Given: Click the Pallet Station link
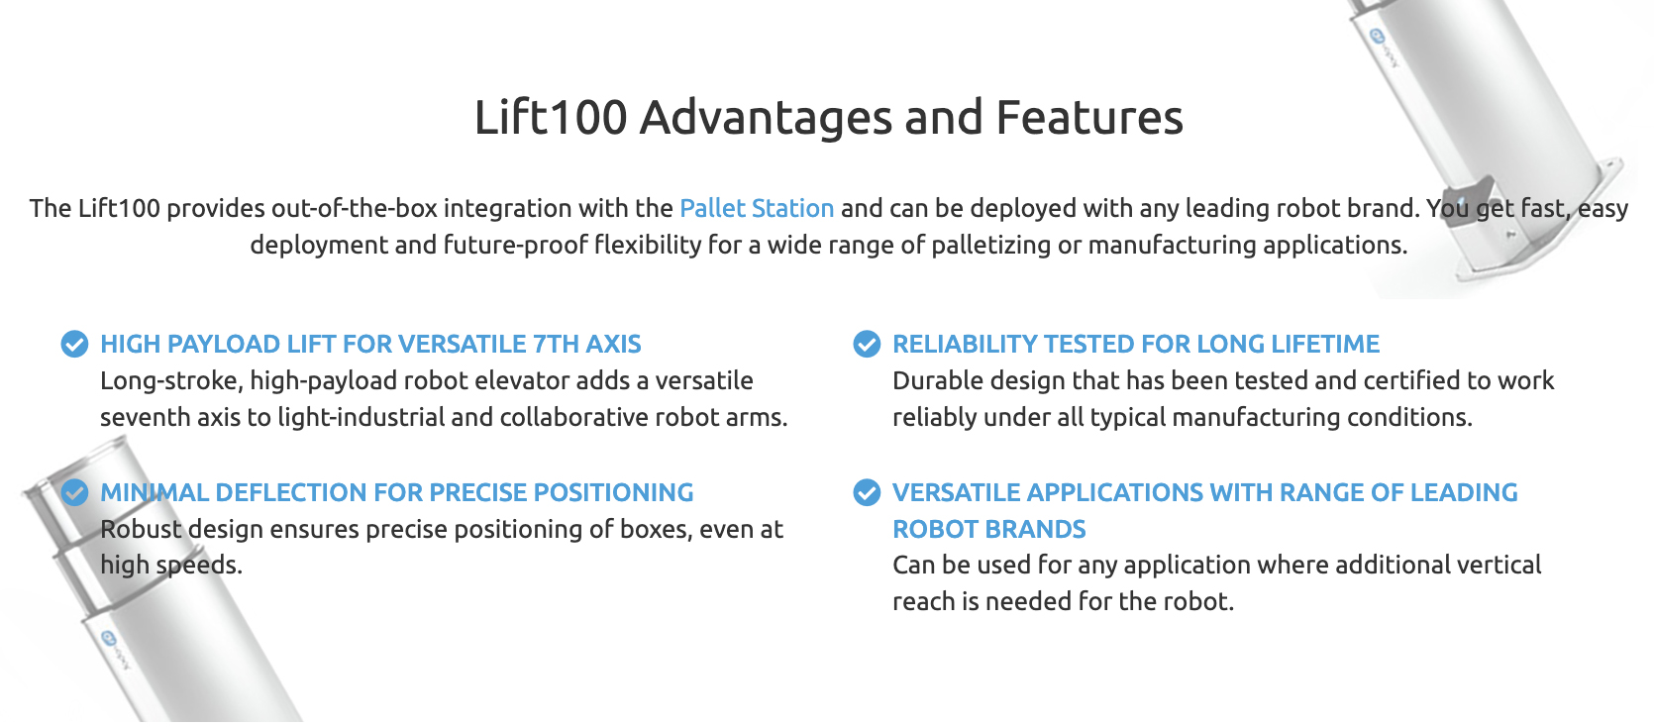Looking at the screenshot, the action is coord(756,209).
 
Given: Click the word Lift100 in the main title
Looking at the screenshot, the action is coord(551,117).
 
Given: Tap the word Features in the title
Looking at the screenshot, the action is coord(1089,117).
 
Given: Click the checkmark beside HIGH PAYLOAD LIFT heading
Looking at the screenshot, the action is coord(74,344).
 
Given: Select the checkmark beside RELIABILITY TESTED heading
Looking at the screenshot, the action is coord(867,344).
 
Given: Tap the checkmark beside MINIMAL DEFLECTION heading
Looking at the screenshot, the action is coord(74,492).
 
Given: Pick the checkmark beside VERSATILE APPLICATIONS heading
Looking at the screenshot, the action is coord(867,492).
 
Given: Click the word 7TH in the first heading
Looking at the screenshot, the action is coord(556,345).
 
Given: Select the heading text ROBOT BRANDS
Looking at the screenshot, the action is coord(989,530).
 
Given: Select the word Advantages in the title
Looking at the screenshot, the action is coord(766,117).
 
